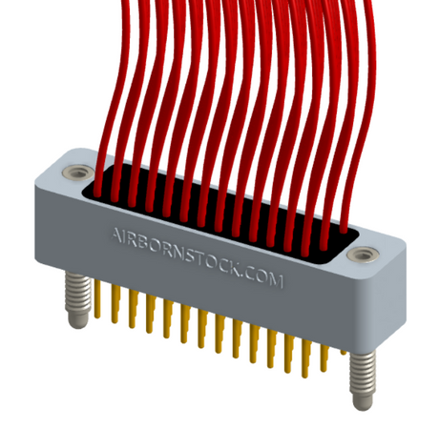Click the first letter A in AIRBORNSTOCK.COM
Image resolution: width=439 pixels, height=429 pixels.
point(117,233)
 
